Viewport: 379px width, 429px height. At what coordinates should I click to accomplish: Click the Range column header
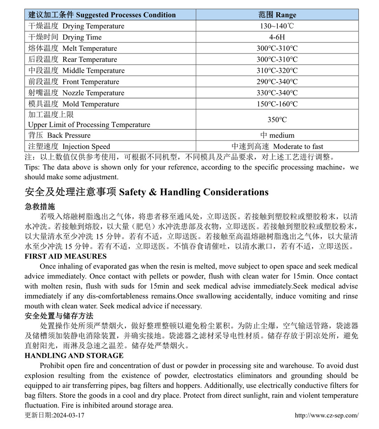(x=277, y=15)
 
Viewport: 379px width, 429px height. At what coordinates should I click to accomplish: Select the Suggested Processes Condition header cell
(x=102, y=15)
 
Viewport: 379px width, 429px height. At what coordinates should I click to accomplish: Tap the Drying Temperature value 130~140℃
(x=277, y=26)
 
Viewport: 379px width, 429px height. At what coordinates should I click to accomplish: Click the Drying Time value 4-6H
(x=277, y=37)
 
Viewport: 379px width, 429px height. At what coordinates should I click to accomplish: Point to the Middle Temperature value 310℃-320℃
(x=277, y=70)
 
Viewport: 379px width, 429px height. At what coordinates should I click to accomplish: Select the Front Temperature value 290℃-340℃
(x=277, y=82)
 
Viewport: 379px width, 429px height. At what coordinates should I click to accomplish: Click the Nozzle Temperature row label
(x=76, y=93)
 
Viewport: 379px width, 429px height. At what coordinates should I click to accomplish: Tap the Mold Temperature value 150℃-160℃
(x=277, y=104)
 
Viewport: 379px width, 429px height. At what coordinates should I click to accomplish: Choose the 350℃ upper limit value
(x=277, y=120)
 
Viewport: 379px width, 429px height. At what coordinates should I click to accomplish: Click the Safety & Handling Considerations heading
(x=147, y=192)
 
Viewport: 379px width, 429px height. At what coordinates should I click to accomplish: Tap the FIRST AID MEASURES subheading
(x=66, y=256)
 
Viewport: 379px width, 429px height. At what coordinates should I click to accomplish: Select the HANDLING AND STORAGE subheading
(x=74, y=355)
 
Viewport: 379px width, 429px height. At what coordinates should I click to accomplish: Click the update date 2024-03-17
(x=54, y=415)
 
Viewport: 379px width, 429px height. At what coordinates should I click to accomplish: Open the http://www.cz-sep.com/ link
(x=326, y=415)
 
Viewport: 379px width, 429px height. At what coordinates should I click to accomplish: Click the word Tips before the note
(x=32, y=167)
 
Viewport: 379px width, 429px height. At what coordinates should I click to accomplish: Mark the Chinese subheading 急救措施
(x=40, y=207)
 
